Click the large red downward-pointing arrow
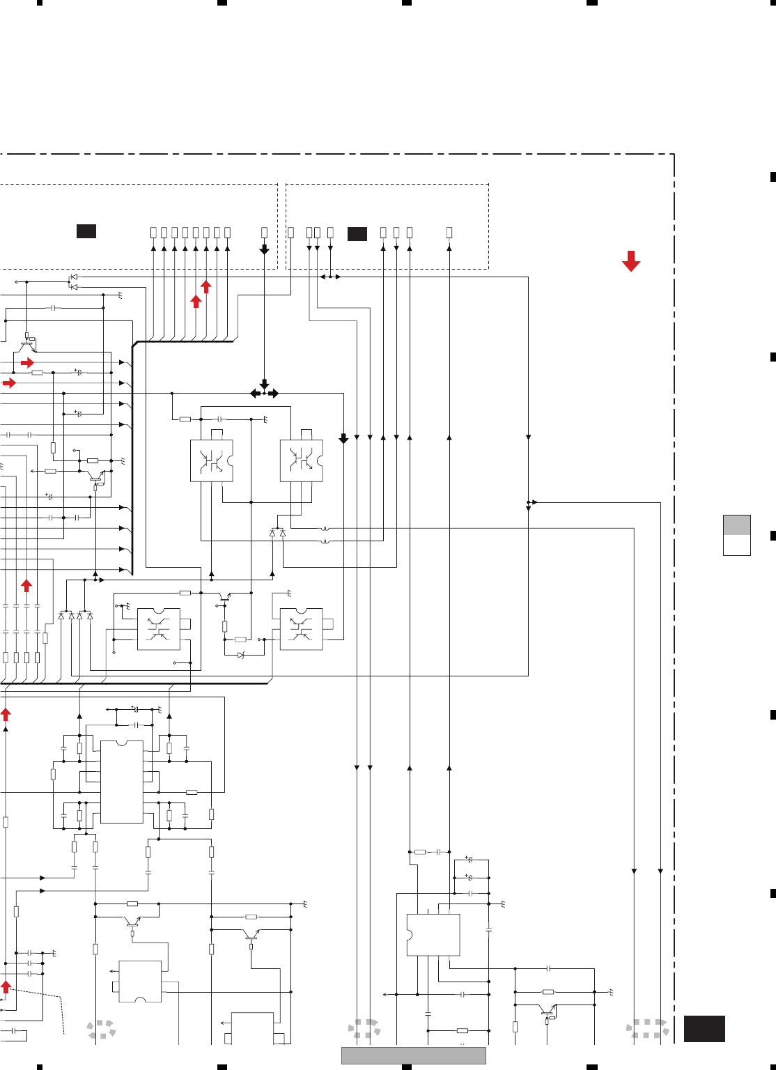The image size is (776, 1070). click(x=631, y=261)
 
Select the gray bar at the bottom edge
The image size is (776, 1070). click(x=413, y=1055)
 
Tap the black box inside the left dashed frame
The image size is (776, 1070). click(x=86, y=231)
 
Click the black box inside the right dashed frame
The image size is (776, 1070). click(x=357, y=234)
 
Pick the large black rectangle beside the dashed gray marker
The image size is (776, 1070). click(x=704, y=1029)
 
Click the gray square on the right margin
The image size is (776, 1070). click(x=737, y=525)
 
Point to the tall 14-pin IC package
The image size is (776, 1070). click(x=122, y=782)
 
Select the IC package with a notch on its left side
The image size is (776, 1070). click(x=433, y=935)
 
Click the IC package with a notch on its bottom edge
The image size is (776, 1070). click(x=140, y=982)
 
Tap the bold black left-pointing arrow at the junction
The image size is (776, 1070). click(x=255, y=394)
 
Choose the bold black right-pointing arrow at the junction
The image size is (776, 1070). click(x=274, y=394)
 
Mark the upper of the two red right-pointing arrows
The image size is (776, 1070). click(x=27, y=363)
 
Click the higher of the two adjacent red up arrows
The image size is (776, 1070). click(x=206, y=286)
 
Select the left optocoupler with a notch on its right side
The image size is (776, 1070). click(x=212, y=460)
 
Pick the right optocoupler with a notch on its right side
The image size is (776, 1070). click(x=302, y=460)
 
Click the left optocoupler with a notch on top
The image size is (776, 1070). click(x=159, y=629)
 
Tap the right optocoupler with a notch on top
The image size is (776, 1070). click(x=302, y=629)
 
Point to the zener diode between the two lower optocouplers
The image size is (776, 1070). click(x=241, y=656)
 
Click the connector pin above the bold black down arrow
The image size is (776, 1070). click(x=264, y=232)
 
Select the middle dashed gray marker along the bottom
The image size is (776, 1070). click(x=364, y=1028)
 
